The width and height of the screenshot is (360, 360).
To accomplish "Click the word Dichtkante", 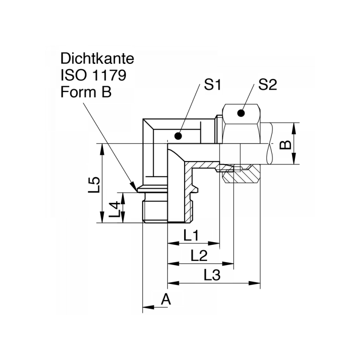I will (x=97, y=59).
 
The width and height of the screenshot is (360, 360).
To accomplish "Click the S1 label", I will (x=212, y=85).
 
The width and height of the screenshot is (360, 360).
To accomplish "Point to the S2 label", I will (x=267, y=85).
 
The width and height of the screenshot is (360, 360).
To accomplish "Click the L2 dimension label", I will (x=199, y=256).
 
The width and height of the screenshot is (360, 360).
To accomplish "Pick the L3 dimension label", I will (x=211, y=275).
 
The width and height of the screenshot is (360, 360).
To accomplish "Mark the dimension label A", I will (x=166, y=299).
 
